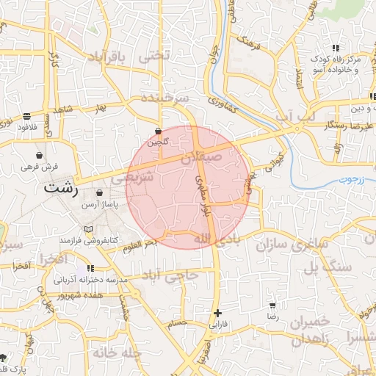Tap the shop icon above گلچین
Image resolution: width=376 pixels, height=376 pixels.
click(158, 131)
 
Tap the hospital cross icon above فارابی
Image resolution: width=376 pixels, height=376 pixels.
click(216, 313)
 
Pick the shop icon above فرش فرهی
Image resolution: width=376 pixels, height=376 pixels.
click(39, 156)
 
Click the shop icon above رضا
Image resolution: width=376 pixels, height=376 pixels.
click(272, 305)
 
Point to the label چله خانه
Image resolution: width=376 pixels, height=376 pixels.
click(116, 352)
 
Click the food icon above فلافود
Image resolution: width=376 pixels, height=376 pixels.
click(27, 116)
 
